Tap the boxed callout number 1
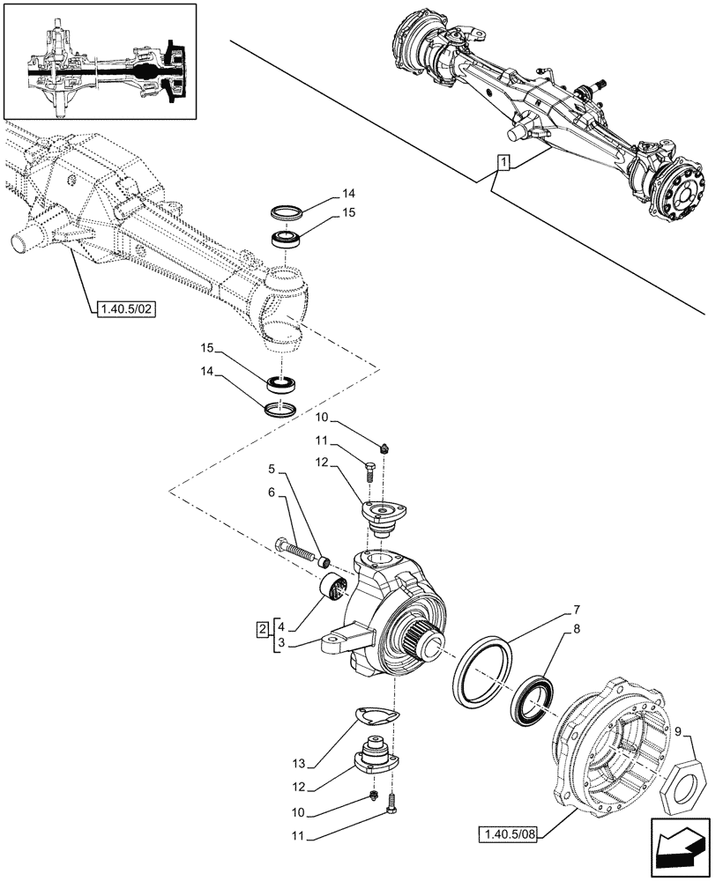[x=503, y=162]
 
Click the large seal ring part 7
[x=481, y=672]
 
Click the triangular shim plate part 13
[x=377, y=718]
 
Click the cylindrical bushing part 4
[x=335, y=586]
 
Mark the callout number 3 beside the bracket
[x=280, y=645]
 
